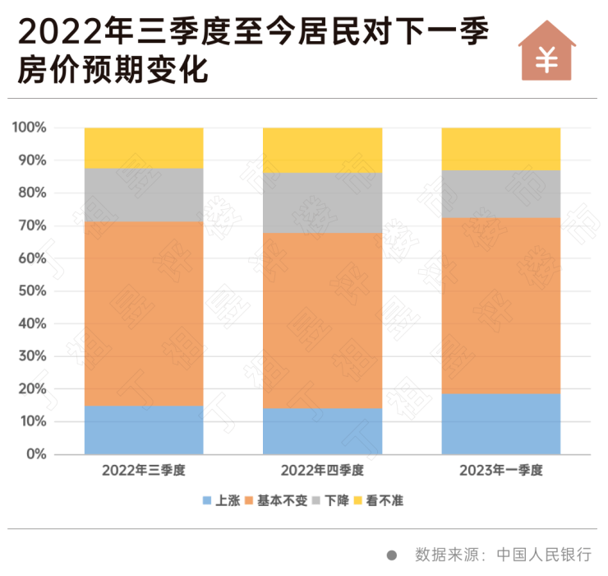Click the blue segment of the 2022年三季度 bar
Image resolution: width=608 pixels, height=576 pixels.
(144, 430)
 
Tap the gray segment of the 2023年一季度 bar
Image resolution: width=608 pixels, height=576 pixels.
(501, 194)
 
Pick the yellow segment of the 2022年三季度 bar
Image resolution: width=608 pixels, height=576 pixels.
(144, 148)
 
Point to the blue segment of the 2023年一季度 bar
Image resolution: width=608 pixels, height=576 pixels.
(501, 424)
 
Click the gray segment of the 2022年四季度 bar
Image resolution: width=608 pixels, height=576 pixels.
(322, 203)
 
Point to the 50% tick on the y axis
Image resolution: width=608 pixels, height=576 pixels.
(33, 291)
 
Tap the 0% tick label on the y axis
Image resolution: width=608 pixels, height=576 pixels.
(36, 454)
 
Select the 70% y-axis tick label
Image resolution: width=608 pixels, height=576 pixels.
(33, 226)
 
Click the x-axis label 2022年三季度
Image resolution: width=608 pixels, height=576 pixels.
(144, 471)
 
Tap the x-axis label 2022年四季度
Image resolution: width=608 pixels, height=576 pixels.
(322, 471)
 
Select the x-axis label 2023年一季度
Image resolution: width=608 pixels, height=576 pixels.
(501, 471)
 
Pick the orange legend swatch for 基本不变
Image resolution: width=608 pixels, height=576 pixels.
(249, 500)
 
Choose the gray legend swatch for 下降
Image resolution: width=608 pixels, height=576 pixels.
(316, 500)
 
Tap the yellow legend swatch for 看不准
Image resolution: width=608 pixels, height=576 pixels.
(358, 500)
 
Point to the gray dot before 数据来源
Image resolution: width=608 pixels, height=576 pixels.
(392, 555)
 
